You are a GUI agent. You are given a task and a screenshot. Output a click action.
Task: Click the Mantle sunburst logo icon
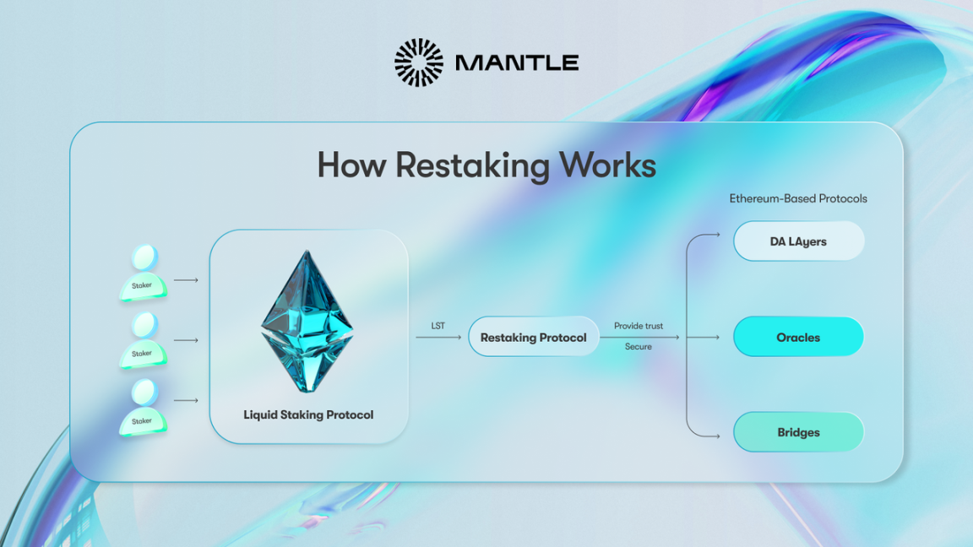coord(418,62)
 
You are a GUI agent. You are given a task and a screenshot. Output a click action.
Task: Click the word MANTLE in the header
coord(516,62)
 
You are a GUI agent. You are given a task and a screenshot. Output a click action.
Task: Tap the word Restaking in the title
coord(472,165)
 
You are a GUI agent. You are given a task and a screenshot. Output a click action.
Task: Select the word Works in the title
coord(607,165)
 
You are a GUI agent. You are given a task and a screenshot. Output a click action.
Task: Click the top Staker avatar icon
coord(143,273)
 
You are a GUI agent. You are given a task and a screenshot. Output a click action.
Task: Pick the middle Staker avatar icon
coord(143,340)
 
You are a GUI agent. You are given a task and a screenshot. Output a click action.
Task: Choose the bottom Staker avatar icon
coord(143,408)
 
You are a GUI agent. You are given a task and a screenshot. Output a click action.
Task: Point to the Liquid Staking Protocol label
coord(308,414)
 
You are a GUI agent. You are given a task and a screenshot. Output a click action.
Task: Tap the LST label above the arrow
coord(438,326)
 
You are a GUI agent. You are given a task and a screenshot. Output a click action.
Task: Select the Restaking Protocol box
coord(533,338)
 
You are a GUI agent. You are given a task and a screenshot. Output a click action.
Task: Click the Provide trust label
coord(639,326)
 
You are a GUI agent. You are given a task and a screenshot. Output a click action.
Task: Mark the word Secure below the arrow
coord(639,347)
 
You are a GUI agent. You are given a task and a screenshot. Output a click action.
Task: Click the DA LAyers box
coord(798,241)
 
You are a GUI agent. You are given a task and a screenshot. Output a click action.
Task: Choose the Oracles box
coord(798,338)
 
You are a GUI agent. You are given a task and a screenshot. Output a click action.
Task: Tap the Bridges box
coord(798,432)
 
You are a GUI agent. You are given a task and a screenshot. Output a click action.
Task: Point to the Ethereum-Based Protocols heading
coord(798,198)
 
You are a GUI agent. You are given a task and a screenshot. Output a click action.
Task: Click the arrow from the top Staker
coord(186,279)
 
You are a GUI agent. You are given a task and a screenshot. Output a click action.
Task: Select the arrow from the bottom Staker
coord(186,400)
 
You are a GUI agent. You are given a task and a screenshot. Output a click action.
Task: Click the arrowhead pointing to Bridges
coord(717,436)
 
